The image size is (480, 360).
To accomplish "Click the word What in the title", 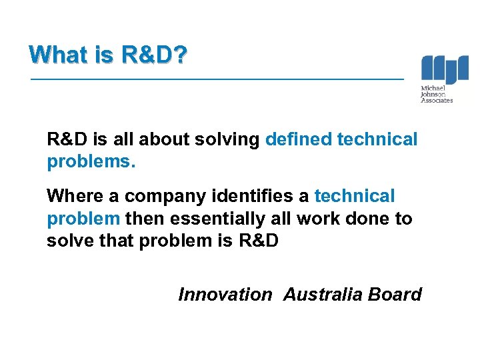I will [58, 54].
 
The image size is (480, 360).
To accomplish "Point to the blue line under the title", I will [217, 79].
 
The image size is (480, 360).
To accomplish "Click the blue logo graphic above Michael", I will [445, 69].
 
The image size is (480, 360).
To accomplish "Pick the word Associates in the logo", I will [437, 101].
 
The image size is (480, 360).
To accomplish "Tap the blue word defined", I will [298, 139].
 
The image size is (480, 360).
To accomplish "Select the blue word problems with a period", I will [91, 163].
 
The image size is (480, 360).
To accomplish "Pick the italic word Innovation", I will [225, 295].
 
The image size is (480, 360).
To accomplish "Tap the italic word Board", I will [395, 295].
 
